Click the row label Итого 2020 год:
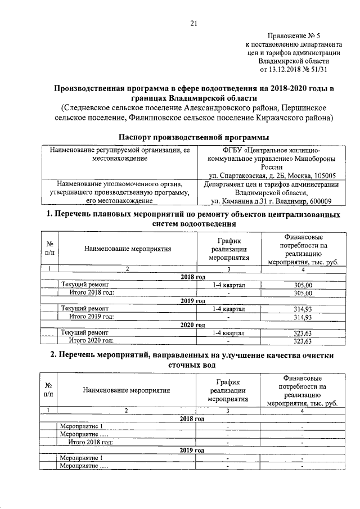coord(91,341)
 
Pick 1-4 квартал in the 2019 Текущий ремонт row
coord(228,309)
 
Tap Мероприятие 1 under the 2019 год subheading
coord(82,458)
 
